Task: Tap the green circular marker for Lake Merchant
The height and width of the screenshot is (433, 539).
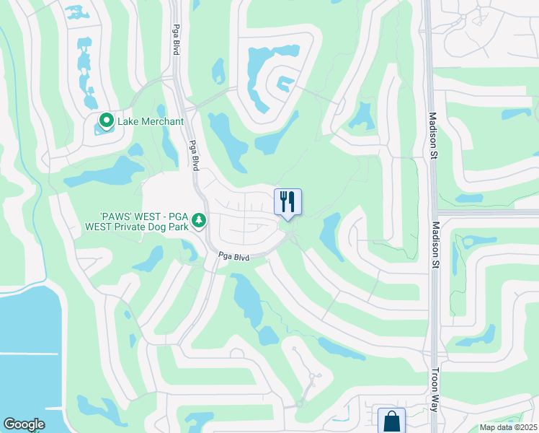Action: [107, 121]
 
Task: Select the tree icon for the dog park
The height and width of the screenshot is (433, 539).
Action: [200, 220]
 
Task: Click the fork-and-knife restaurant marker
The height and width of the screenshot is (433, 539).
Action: [288, 201]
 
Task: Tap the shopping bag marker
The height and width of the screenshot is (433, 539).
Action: [391, 420]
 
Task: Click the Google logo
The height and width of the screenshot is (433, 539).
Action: [24, 424]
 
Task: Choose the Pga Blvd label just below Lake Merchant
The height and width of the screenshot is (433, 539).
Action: [194, 154]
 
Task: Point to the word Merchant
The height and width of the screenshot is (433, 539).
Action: [163, 121]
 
